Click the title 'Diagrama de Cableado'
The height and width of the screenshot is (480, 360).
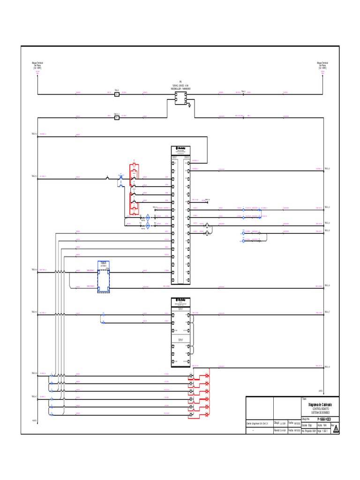(x=320, y=404)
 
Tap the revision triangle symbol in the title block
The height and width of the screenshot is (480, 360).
(x=336, y=430)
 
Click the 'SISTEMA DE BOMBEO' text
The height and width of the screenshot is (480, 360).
(x=320, y=412)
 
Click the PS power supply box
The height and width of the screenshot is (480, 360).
(x=180, y=98)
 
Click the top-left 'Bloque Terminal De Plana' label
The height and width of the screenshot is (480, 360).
(x=37, y=65)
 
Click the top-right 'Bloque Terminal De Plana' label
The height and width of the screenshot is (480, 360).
(x=322, y=65)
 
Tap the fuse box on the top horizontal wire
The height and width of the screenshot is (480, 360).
(x=117, y=94)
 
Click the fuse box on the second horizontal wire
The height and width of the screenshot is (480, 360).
(x=117, y=118)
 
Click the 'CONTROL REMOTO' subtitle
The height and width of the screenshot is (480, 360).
(x=320, y=409)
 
